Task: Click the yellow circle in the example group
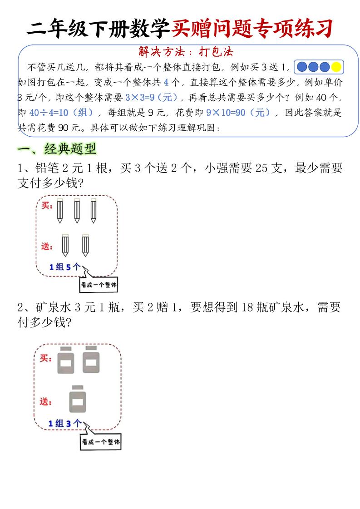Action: click(x=336, y=67)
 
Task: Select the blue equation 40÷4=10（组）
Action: click(x=61, y=113)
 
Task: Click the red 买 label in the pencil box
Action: click(x=45, y=206)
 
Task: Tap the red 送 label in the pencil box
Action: click(x=45, y=246)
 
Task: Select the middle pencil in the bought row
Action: click(x=76, y=211)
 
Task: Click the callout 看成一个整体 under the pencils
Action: click(x=99, y=285)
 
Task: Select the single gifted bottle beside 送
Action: click(x=78, y=399)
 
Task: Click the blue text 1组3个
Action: click(x=65, y=423)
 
